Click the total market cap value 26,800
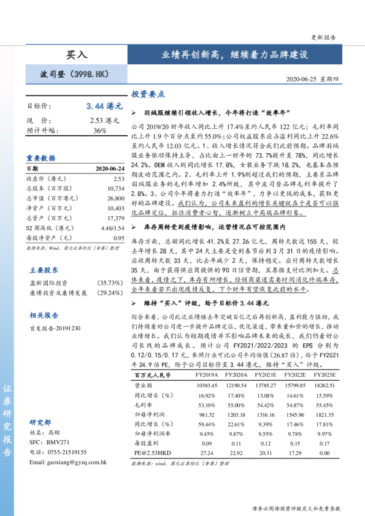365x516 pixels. coord(115,199)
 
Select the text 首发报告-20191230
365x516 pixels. coord(55,328)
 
